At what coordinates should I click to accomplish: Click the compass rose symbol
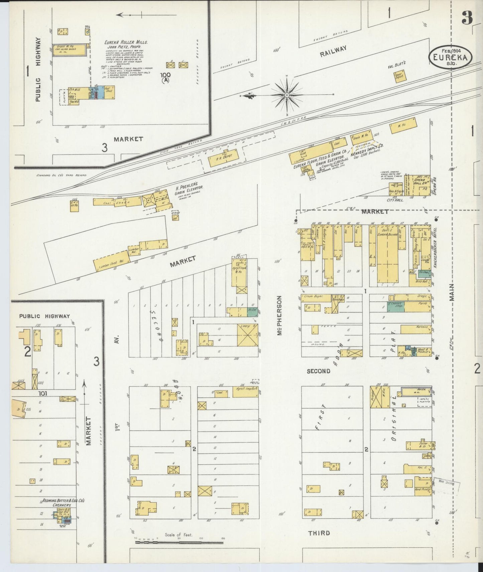click(287, 95)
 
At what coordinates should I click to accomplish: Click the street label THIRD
click(319, 533)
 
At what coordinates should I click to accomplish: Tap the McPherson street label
click(280, 316)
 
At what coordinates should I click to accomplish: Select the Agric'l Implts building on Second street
click(245, 392)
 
